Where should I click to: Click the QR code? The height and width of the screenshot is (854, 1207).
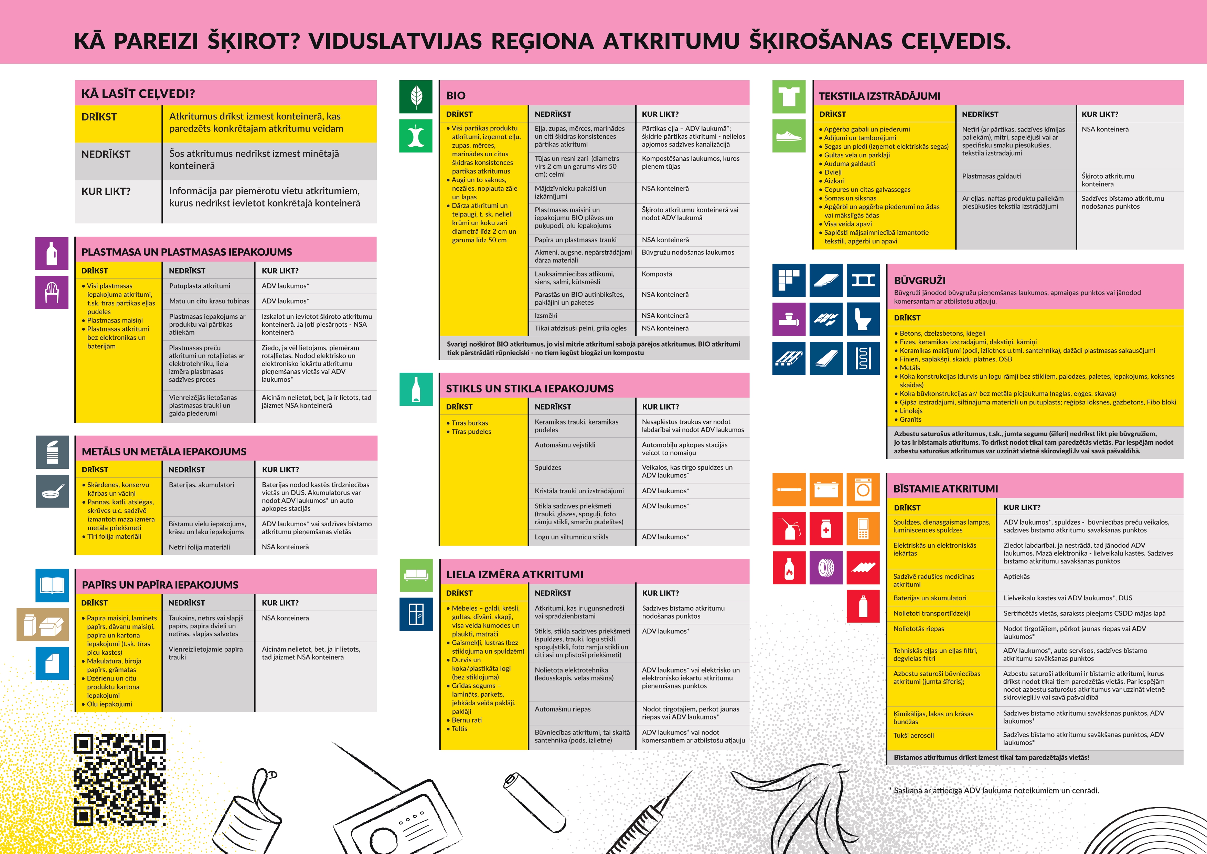(x=119, y=780)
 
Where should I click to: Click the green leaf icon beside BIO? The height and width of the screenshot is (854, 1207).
(x=416, y=97)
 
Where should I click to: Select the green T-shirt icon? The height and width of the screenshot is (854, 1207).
(x=789, y=97)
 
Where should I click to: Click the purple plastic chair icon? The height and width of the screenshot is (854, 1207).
(x=52, y=292)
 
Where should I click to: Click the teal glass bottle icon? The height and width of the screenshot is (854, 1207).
(x=416, y=390)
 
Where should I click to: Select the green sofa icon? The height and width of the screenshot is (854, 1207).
(x=416, y=575)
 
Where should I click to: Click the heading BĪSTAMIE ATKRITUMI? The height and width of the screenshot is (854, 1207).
(x=945, y=488)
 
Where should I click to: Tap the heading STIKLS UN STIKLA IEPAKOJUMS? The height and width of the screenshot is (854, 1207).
(x=530, y=389)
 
